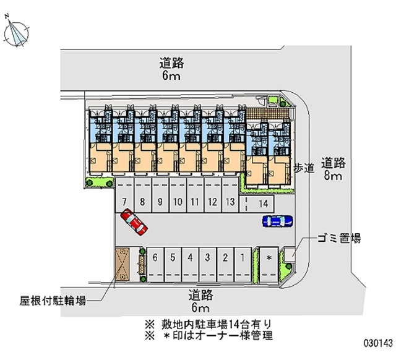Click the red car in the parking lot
pyautogui.click(x=134, y=222)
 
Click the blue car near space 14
pyautogui.click(x=278, y=221)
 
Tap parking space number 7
pyautogui.click(x=124, y=195)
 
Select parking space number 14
pyautogui.click(x=256, y=204)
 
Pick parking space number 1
pyautogui.click(x=243, y=265)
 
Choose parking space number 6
pyautogui.click(x=155, y=265)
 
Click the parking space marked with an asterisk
pyautogui.click(x=269, y=265)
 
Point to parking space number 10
pyautogui.click(x=178, y=195)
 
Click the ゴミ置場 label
pyautogui.click(x=339, y=238)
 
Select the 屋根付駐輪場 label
pyautogui.click(x=53, y=301)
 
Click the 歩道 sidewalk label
pyautogui.click(x=304, y=168)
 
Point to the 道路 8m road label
pyautogui.click(x=334, y=169)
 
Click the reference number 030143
pyautogui.click(x=378, y=343)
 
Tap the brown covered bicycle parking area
pyautogui.click(x=123, y=264)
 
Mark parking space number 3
pyautogui.click(x=208, y=265)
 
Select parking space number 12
pyautogui.click(x=213, y=195)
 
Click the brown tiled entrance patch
pyautogui.click(x=267, y=113)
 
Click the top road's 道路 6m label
pyautogui.click(x=171, y=69)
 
